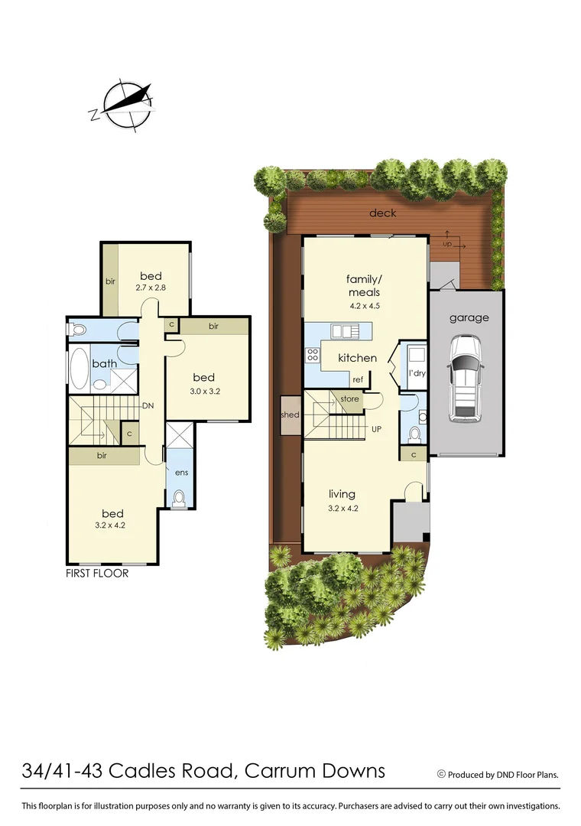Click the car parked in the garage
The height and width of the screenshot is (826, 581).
465,379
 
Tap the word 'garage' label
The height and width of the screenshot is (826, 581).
469,318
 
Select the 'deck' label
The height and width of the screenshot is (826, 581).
382,213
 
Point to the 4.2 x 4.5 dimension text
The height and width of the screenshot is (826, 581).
364,306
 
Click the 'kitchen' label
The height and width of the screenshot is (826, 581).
357,358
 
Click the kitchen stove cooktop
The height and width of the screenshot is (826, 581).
313,355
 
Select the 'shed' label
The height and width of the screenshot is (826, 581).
290,415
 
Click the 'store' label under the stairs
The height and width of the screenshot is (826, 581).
349,399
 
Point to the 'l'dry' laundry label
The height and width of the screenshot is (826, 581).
417,372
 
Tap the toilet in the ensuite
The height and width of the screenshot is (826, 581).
180,499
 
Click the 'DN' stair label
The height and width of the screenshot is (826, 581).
148,406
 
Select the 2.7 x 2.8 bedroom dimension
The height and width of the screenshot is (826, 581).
151,288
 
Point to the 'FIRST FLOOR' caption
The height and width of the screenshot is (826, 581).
96,573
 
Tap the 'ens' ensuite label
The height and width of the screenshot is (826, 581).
181,473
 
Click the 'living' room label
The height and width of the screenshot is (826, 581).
342,494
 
